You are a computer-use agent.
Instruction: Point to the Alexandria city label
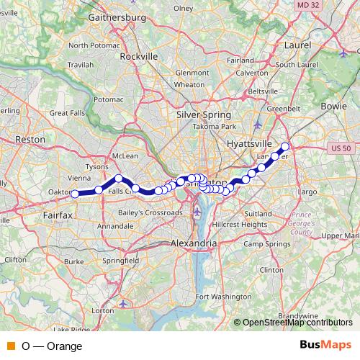[x=193, y=244]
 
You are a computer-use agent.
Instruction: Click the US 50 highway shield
[x=343, y=148]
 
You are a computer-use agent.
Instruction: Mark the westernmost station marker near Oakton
[x=75, y=193]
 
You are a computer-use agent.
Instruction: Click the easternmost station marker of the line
[x=284, y=147]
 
